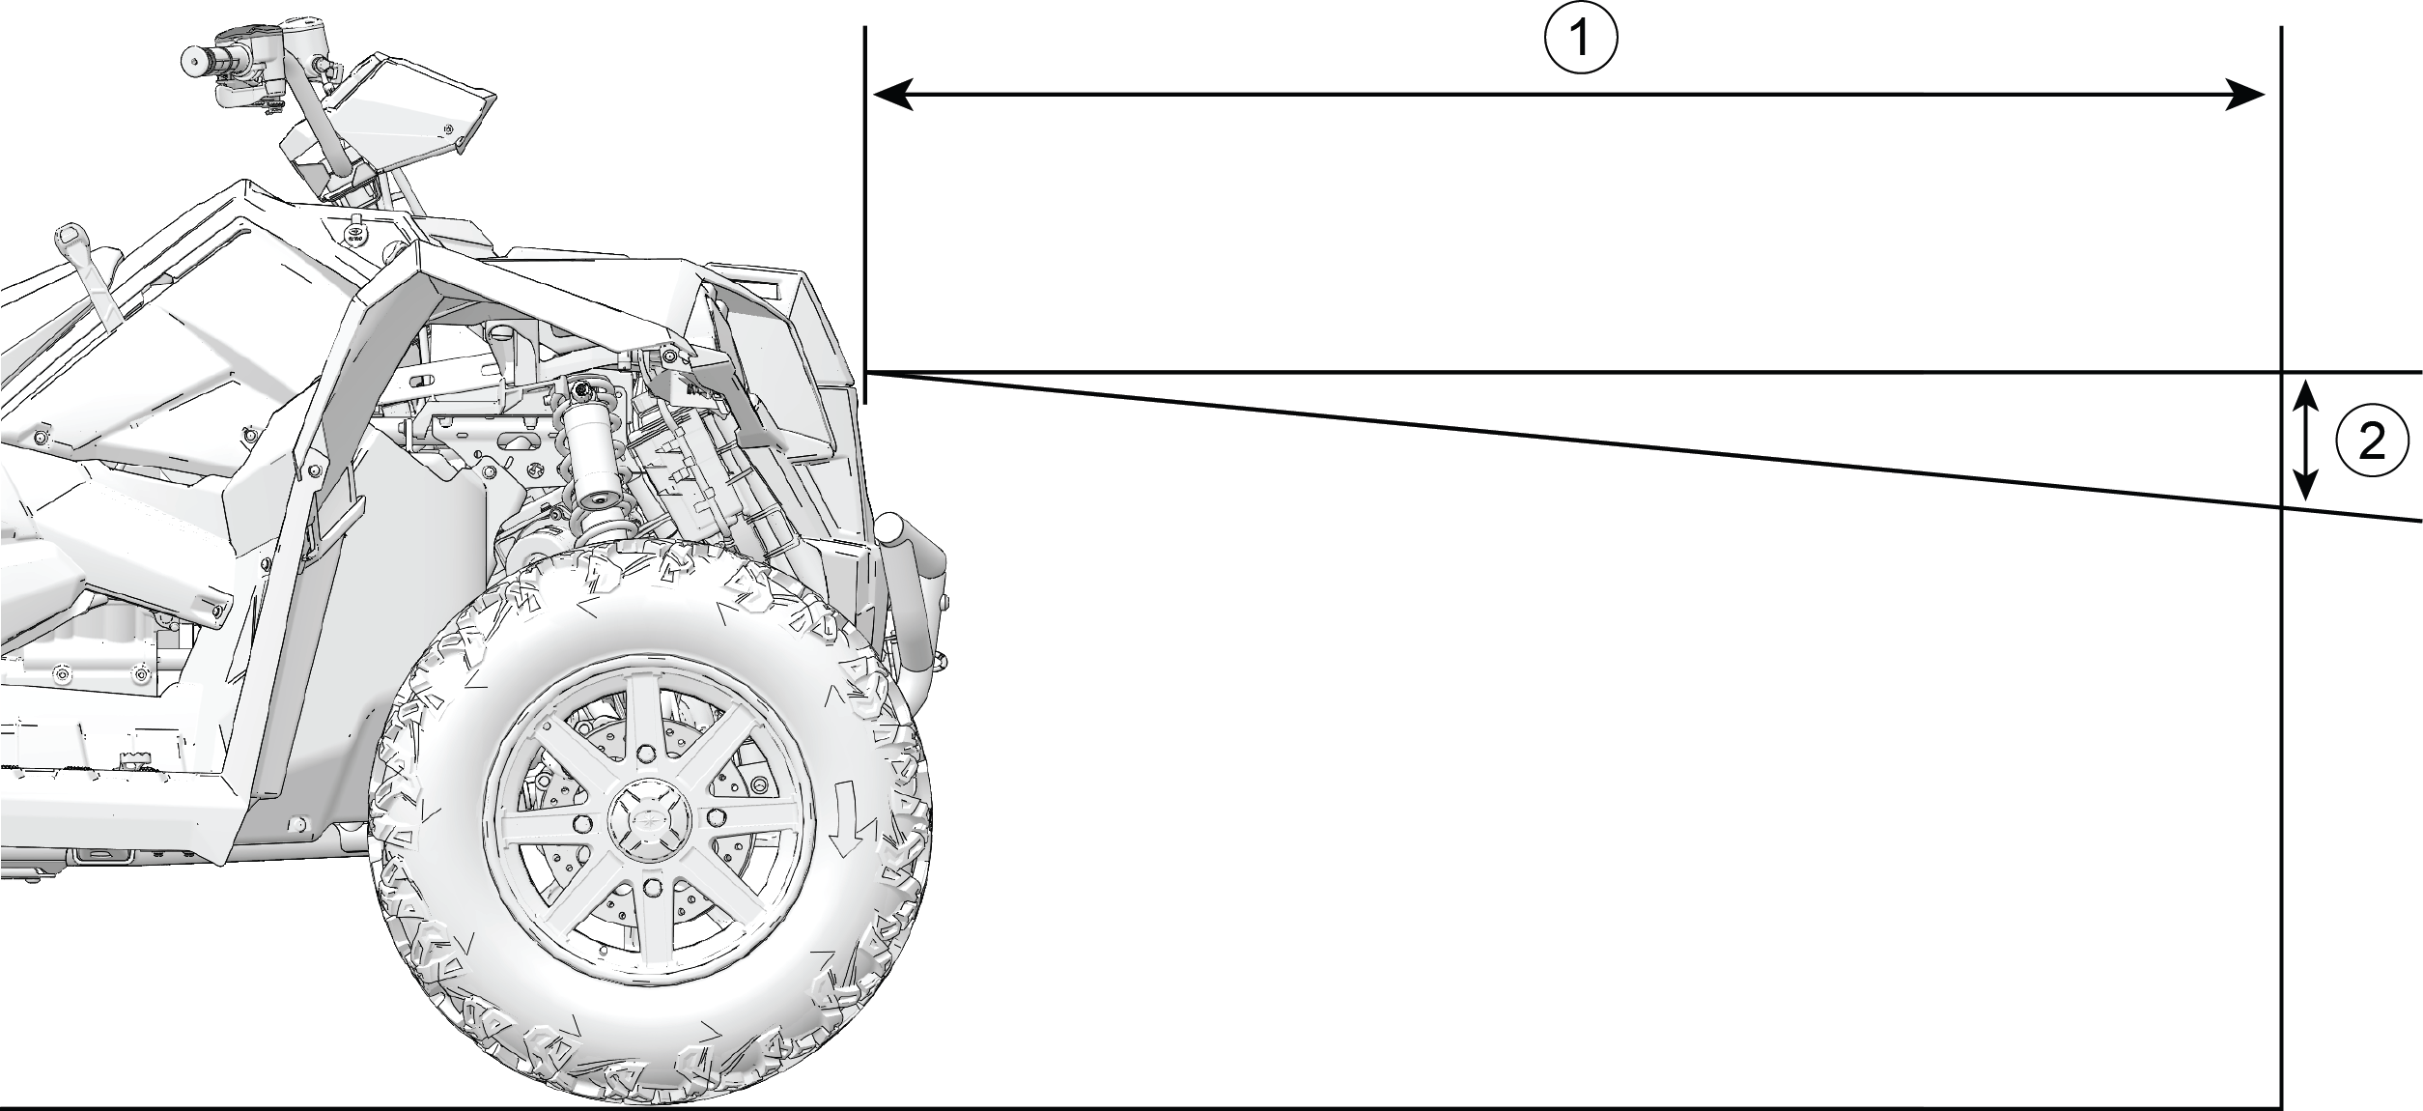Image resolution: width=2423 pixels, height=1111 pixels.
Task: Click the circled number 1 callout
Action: pyautogui.click(x=1580, y=39)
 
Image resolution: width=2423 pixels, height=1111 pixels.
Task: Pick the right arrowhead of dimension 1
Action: pyautogui.click(x=2244, y=95)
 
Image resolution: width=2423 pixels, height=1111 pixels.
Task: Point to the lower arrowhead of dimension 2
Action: pyautogui.click(x=2306, y=483)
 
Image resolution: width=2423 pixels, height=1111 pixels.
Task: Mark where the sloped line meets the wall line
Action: pyautogui.click(x=2281, y=507)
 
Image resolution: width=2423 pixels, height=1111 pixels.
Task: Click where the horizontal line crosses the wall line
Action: pyautogui.click(x=2281, y=372)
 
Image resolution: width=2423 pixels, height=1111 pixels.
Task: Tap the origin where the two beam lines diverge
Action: pyautogui.click(x=868, y=372)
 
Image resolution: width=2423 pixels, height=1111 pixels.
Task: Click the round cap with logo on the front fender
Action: pyautogui.click(x=356, y=236)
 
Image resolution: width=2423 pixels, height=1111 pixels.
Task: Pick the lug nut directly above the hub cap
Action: pyautogui.click(x=646, y=750)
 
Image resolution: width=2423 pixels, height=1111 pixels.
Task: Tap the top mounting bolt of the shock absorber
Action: pyautogui.click(x=581, y=390)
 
